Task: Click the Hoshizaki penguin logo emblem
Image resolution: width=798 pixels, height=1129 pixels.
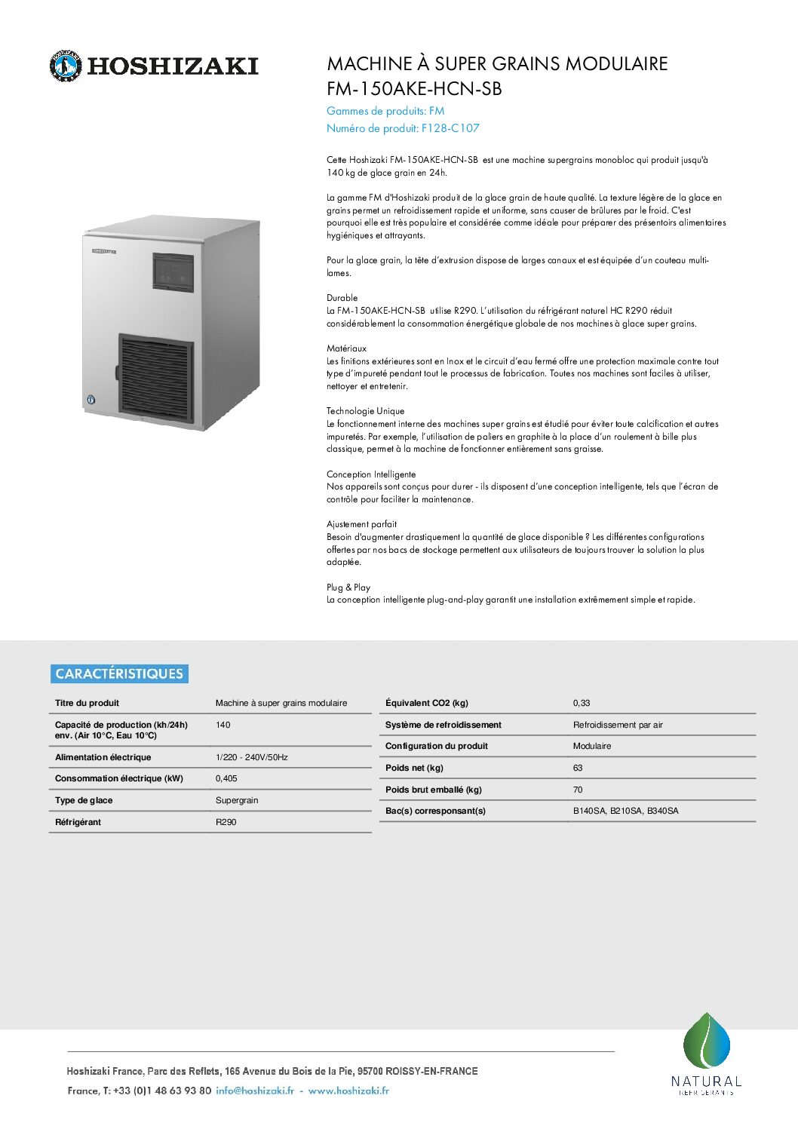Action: tap(65, 66)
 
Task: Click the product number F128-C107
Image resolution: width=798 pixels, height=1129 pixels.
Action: tap(450, 128)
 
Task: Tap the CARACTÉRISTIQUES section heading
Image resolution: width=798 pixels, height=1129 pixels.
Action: tap(119, 673)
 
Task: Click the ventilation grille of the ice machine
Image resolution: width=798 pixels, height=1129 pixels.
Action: tap(156, 375)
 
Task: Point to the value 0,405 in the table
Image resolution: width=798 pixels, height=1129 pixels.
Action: tap(226, 778)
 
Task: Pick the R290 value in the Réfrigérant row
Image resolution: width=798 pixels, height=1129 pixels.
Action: tap(226, 822)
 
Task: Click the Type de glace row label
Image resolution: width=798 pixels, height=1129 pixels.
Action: tap(84, 800)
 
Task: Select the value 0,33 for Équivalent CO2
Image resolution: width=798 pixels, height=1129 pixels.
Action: tap(582, 703)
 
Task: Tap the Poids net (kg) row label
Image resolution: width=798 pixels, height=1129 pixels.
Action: tap(414, 768)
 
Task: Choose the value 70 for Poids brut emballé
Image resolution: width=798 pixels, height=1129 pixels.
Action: tap(578, 790)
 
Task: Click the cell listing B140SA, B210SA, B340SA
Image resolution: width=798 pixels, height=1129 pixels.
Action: tap(625, 811)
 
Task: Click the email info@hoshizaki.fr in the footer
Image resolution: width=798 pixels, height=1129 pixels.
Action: tap(255, 1091)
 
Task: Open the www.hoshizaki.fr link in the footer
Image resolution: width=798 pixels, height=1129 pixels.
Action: tap(348, 1091)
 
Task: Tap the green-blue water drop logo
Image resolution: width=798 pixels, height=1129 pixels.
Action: tap(707, 1042)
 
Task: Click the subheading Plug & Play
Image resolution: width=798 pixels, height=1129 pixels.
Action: tap(348, 588)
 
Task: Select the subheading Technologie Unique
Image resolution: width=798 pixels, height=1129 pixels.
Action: tap(366, 411)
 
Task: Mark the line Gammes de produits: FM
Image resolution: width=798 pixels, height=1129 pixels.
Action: tap(385, 111)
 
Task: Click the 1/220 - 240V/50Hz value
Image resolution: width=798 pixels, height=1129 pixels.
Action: tap(252, 757)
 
